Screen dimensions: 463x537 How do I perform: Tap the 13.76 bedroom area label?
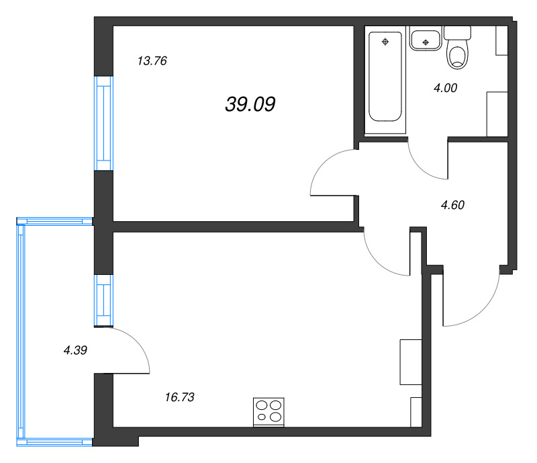[152, 61]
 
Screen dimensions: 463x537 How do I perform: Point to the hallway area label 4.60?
[452, 206]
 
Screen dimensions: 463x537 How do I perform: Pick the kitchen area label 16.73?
[179, 397]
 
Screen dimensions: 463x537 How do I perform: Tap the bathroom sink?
[425, 40]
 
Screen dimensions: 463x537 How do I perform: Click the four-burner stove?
[268, 411]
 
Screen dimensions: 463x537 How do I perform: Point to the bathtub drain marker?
[385, 42]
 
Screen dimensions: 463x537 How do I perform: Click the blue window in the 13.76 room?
[103, 124]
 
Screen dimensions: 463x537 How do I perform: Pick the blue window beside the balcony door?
[103, 300]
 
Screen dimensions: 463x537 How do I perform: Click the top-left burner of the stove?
[262, 405]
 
